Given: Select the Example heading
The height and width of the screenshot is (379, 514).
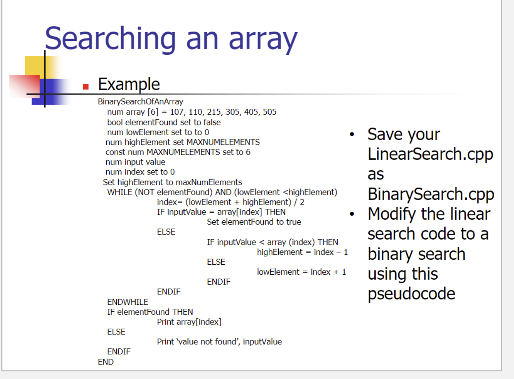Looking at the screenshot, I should pos(129,84).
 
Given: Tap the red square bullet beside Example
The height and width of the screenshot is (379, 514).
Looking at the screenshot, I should pos(86,87).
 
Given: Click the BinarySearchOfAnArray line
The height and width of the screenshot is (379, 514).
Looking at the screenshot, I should pos(141,101).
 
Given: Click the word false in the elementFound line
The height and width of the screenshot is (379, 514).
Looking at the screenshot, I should pos(212,122).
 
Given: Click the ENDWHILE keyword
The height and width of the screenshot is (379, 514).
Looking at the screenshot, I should pos(127,302).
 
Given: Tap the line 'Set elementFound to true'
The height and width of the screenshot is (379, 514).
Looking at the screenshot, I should pos(254,222).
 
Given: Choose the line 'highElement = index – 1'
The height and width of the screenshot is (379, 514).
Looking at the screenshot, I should pos(302,252).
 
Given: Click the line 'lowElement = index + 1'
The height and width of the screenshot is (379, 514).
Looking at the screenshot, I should pos(301,272).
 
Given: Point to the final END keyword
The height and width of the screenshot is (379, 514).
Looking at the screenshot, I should pos(106,362).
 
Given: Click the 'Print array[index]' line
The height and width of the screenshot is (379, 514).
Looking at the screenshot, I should pos(189,322).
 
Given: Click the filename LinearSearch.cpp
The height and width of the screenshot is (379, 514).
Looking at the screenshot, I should pos(430,154).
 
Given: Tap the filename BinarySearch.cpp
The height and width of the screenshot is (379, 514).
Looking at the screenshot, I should pos(431,194).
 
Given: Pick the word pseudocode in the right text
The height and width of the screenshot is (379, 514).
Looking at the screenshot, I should pos(411,294).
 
